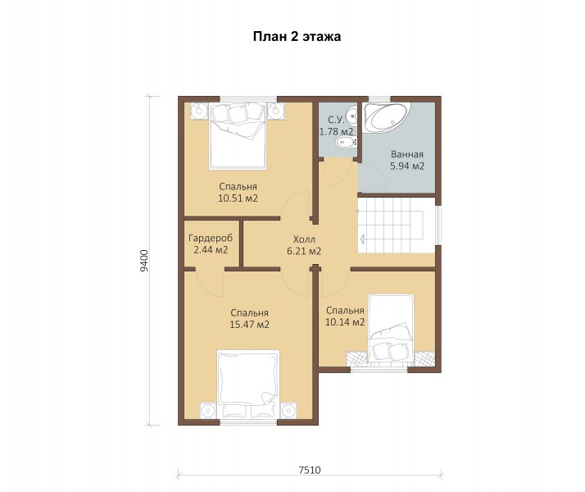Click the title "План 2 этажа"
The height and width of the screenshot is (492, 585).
(297, 37)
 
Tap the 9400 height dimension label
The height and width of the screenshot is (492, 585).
(144, 260)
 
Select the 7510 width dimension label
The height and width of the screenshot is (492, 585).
(309, 470)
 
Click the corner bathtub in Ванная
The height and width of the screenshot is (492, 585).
(387, 117)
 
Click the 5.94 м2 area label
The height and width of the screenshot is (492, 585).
(407, 166)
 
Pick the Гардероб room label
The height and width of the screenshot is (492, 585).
(211, 238)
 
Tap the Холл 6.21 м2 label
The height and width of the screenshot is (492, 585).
(304, 245)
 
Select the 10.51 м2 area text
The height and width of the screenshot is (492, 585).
(238, 198)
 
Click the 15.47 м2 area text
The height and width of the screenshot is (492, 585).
(249, 325)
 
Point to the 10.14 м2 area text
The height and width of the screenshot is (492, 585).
(345, 321)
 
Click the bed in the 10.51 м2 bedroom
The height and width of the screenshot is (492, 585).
(238, 135)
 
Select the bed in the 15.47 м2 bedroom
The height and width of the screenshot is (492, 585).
(248, 384)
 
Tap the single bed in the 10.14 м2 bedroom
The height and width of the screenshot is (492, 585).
(391, 329)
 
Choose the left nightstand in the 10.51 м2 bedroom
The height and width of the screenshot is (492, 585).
(199, 111)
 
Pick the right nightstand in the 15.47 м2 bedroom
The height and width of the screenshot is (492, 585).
(288, 411)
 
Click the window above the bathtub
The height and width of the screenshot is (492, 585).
(379, 99)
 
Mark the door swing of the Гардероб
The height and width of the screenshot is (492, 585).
(209, 284)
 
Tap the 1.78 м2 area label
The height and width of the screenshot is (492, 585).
(336, 132)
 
